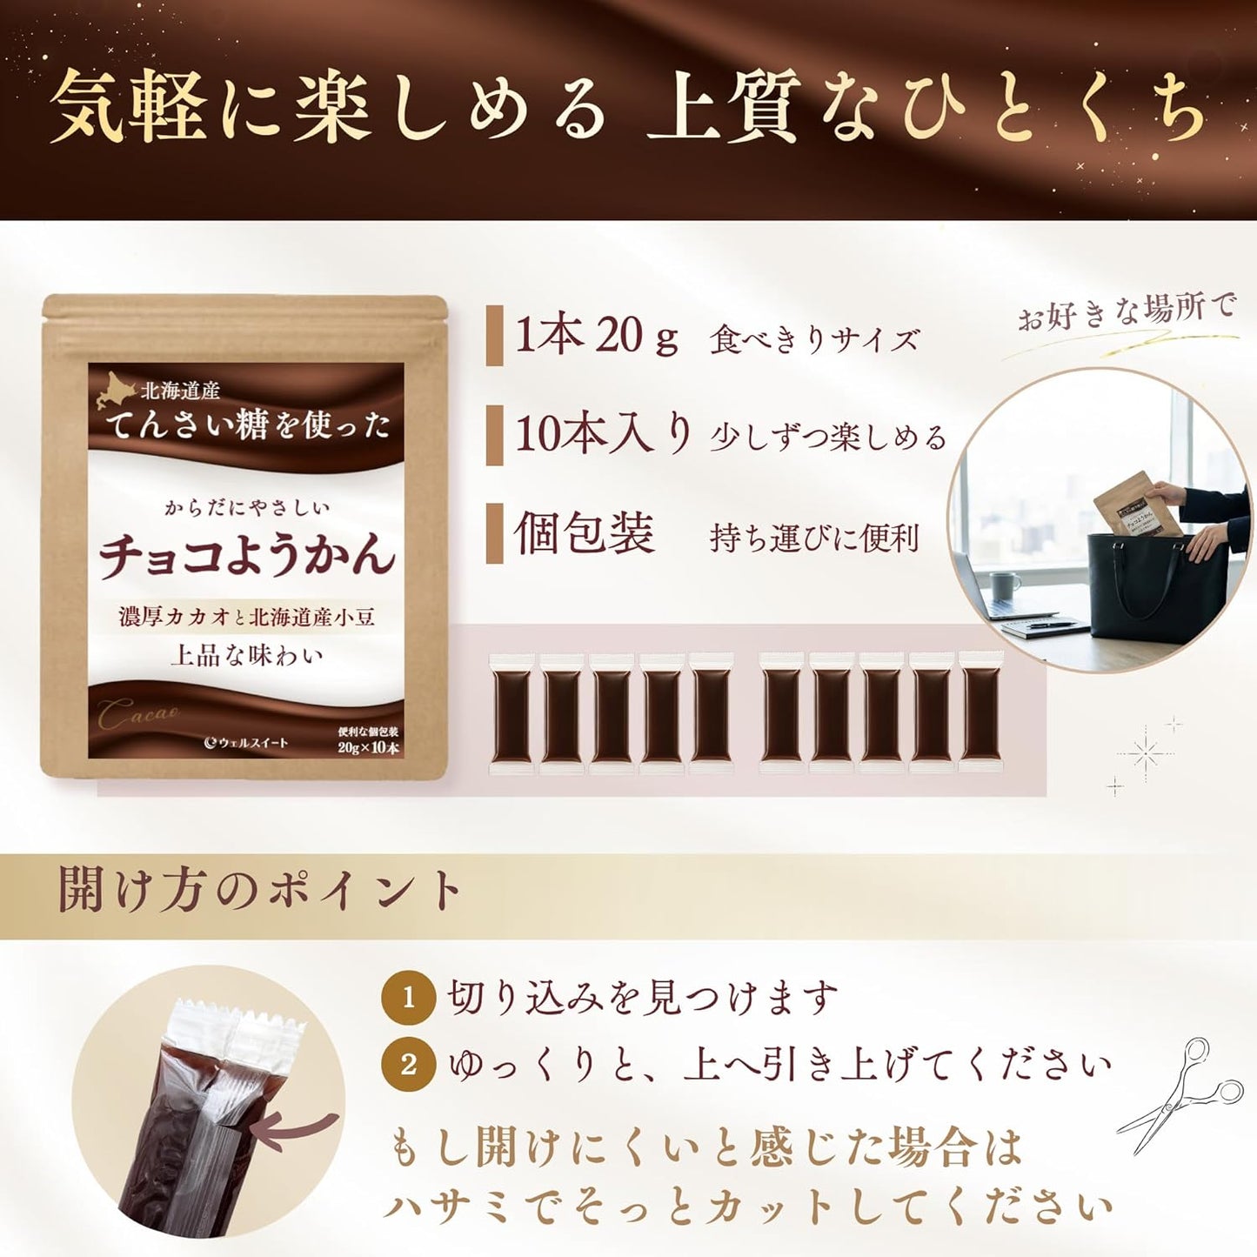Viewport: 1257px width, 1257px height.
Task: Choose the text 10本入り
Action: coord(604,434)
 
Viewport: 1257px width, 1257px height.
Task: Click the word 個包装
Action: coord(584,533)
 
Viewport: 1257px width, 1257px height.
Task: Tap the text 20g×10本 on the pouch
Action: coord(368,748)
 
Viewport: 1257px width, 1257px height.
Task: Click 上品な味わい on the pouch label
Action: coord(246,654)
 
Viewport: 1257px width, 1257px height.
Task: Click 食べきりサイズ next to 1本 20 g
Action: coord(814,339)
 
